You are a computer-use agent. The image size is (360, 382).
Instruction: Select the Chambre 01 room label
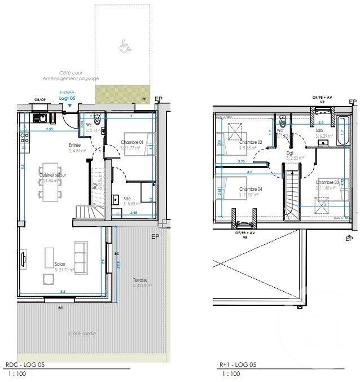133,142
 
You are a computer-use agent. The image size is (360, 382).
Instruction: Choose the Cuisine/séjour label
52,175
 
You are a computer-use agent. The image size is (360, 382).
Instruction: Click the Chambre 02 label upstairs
252,142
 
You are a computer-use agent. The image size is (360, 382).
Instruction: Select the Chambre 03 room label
327,182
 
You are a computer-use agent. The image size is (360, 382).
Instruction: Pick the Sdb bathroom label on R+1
319,129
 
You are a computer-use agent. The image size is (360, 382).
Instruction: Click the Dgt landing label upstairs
290,152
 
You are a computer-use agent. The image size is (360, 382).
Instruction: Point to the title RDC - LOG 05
24,365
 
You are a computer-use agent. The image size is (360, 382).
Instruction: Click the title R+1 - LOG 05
238,365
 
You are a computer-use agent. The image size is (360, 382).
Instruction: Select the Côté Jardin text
82,333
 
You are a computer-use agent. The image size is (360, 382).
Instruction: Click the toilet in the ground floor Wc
97,120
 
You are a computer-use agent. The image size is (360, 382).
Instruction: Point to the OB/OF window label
39,100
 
